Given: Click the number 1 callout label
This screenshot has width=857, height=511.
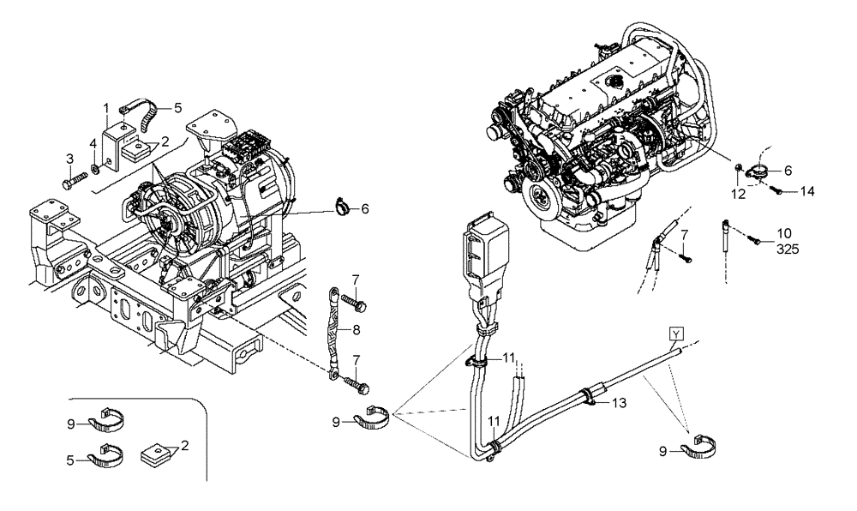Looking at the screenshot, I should click(106, 108).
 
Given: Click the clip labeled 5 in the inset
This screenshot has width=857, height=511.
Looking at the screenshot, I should click(106, 455).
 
